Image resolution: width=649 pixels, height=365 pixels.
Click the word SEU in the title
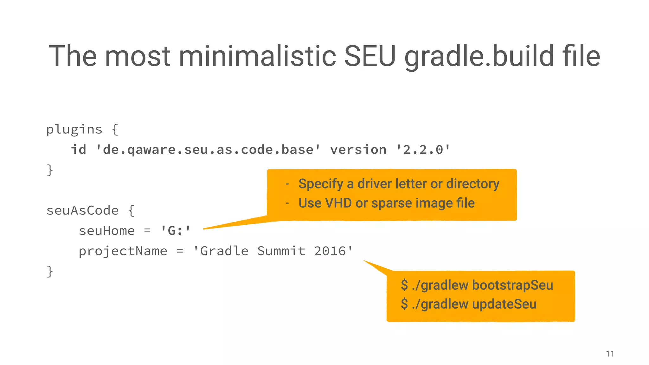(x=370, y=56)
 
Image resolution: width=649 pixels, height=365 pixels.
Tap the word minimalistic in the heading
(x=257, y=56)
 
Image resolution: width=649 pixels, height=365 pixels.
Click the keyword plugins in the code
(x=74, y=130)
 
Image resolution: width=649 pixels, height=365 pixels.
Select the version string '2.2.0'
(x=423, y=150)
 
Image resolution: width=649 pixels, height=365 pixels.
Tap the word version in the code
(x=358, y=150)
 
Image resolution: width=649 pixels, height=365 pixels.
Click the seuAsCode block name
(x=82, y=210)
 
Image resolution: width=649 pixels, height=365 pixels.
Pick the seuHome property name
(x=107, y=231)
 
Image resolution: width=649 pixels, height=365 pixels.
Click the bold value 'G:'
(x=176, y=231)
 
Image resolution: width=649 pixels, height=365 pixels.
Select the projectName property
(x=123, y=251)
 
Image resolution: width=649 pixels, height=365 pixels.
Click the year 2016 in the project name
(x=330, y=251)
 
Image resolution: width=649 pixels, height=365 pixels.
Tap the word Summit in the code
(x=281, y=251)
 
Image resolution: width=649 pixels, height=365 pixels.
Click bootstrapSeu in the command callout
(x=512, y=285)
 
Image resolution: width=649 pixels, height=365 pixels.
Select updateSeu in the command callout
(x=504, y=304)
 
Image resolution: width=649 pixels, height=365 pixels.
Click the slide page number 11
(x=610, y=354)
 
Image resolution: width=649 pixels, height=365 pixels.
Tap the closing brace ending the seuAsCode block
(x=50, y=272)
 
